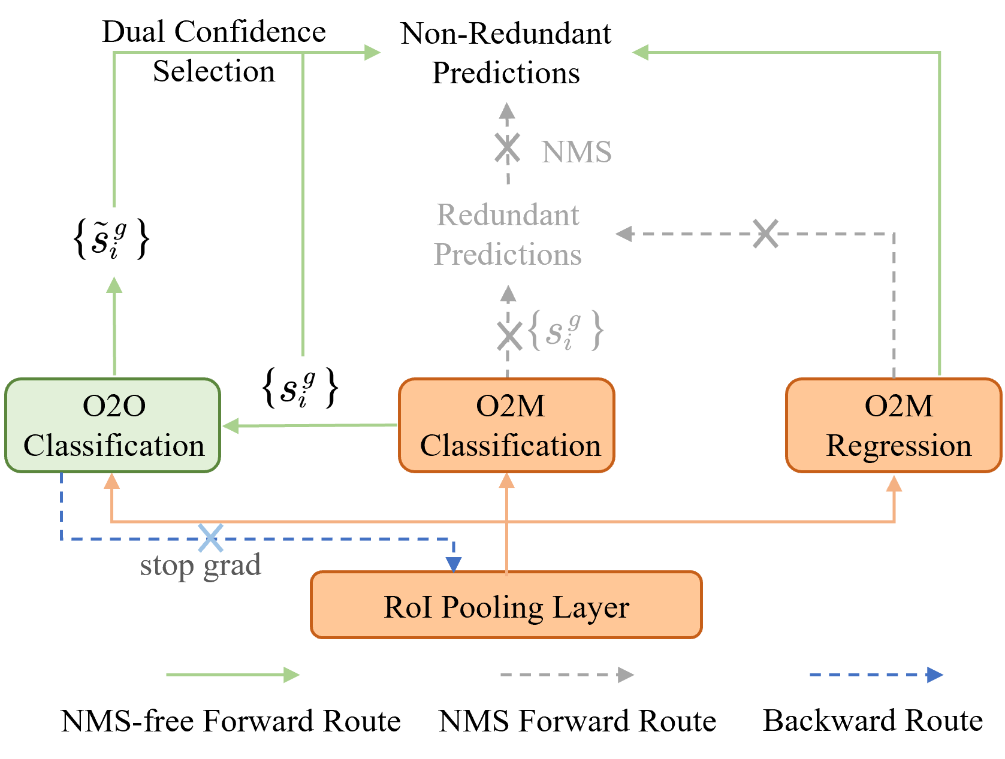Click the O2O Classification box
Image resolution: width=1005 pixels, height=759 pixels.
(113, 425)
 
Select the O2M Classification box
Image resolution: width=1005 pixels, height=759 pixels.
(506, 425)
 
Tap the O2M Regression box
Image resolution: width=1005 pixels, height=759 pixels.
(894, 425)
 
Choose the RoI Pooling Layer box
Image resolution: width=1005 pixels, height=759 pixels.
(506, 604)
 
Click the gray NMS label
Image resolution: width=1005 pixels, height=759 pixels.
(577, 152)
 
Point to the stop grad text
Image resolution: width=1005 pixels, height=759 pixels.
(201, 566)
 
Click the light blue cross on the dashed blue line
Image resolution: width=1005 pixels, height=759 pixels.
(210, 538)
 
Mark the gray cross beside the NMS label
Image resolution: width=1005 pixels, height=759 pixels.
(508, 148)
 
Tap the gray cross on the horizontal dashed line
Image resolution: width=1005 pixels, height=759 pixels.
(765, 234)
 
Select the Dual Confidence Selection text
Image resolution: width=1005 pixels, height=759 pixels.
(214, 52)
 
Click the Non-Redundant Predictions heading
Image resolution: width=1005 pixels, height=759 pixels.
(506, 53)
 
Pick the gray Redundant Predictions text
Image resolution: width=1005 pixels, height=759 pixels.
(508, 234)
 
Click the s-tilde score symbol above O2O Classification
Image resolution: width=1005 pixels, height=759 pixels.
(111, 238)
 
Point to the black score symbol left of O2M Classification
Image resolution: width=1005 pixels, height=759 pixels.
(300, 387)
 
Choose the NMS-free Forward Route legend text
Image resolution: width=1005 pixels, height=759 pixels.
(231, 721)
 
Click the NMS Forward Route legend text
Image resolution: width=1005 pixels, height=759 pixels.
(577, 721)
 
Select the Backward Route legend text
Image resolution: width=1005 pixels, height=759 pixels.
(873, 721)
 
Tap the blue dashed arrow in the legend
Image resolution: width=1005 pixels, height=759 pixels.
(876, 675)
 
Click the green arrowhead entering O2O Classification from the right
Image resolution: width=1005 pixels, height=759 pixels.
(231, 425)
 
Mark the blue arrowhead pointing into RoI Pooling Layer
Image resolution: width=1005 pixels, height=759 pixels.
(453, 564)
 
